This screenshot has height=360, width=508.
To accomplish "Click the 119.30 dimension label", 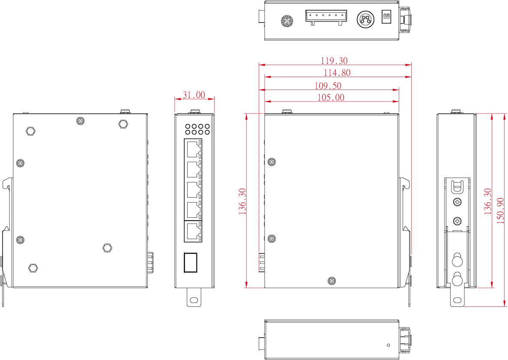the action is [x=334, y=60].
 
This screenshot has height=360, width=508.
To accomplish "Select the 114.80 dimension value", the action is [x=337, y=72].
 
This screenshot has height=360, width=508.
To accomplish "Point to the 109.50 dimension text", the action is [x=328, y=86].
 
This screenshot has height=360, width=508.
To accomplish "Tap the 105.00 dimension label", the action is [x=331, y=97].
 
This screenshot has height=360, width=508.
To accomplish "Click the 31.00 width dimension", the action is [x=194, y=95].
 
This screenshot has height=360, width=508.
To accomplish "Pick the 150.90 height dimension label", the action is [x=501, y=211].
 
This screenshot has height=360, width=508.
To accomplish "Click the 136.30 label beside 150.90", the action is [x=487, y=201].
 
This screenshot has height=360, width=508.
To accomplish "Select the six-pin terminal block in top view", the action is [x=326, y=17].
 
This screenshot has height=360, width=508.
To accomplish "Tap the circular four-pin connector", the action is [x=365, y=19].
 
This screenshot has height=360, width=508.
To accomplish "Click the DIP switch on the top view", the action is [x=386, y=16].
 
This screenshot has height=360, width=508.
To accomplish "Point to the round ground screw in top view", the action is [x=287, y=21].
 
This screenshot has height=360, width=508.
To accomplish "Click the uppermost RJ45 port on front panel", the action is [x=193, y=149].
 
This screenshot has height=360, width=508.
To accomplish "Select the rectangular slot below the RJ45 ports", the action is [x=191, y=262].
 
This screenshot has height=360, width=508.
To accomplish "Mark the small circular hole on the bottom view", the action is [x=389, y=345].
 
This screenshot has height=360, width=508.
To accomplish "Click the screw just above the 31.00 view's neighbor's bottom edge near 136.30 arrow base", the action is [x=332, y=281].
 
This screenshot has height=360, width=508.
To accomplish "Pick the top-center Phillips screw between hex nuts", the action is [x=81, y=121].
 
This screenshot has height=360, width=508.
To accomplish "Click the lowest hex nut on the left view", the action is [x=33, y=268].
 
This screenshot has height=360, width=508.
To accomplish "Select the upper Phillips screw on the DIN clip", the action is [x=457, y=202].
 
